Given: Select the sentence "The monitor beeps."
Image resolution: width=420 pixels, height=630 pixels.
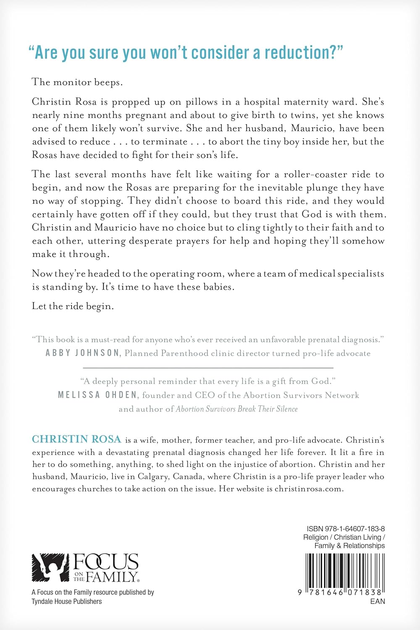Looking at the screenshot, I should (x=77, y=82).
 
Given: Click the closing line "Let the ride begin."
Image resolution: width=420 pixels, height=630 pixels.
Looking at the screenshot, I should (x=73, y=306).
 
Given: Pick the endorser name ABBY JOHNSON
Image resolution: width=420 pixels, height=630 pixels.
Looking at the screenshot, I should (x=83, y=353).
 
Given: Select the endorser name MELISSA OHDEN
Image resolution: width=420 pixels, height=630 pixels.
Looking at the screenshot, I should (x=97, y=395).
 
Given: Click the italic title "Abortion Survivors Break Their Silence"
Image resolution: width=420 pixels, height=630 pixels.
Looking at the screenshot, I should (x=237, y=409).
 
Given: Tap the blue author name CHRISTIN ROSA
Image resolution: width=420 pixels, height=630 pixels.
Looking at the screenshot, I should (x=76, y=439).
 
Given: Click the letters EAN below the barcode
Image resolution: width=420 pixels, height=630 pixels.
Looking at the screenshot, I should (x=377, y=601).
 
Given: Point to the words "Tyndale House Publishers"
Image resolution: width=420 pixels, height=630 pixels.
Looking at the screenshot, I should (x=67, y=601).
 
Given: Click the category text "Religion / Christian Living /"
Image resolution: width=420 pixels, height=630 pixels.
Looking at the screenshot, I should (x=344, y=537).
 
